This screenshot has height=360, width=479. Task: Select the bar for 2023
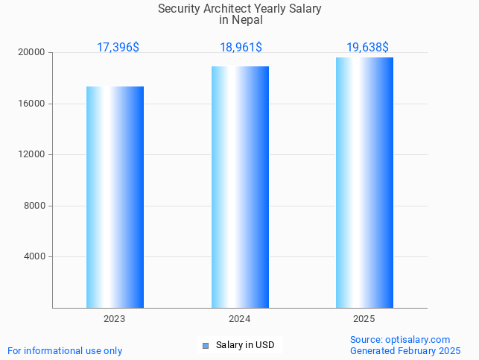coord(115,198)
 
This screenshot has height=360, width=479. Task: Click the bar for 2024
coord(240,187)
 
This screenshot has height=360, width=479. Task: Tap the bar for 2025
coord(364,183)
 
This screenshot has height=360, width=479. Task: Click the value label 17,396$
coord(118,48)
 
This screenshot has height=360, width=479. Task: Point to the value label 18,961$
coord(241,48)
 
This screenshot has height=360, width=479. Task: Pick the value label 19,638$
coord(367,48)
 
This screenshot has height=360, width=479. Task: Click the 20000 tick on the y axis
coord(33,53)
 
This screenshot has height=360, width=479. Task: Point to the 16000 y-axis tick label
coord(33,104)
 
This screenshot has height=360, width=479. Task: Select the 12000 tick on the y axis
coord(33,155)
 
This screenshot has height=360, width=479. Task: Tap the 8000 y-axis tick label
coord(35,206)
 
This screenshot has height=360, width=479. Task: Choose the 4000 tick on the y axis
coord(35,257)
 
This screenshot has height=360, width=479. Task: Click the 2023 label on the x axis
coord(115,319)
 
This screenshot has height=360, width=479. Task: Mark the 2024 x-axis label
coord(240,319)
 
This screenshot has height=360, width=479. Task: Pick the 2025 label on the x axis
coord(364,319)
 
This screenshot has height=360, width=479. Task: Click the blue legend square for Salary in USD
coord(206,345)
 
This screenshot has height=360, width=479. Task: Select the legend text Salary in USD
coord(245,345)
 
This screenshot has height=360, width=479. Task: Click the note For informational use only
coord(65,350)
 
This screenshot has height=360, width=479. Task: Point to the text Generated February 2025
coord(405,350)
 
